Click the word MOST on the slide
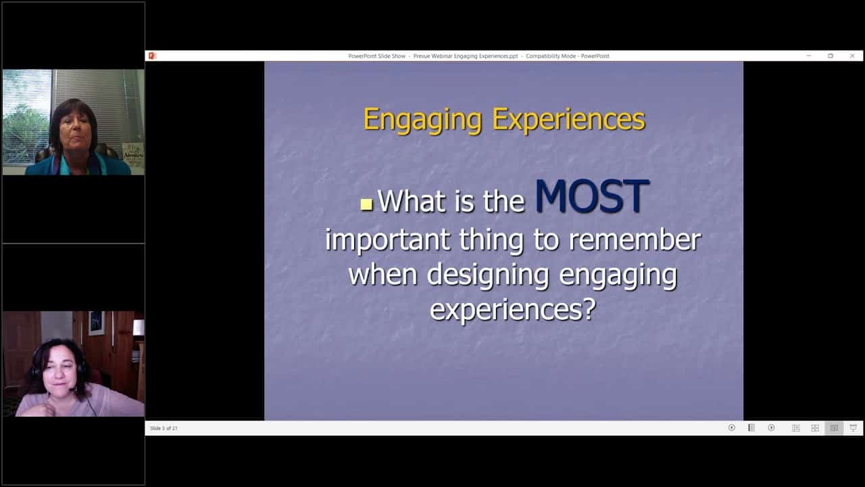pyautogui.click(x=591, y=198)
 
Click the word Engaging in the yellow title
pyautogui.click(x=422, y=120)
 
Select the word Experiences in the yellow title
pyautogui.click(x=568, y=120)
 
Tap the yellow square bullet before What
pyautogui.click(x=367, y=204)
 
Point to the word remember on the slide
pyautogui.click(x=633, y=239)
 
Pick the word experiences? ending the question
pyautogui.click(x=513, y=310)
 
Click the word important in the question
pyautogui.click(x=387, y=239)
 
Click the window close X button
pyautogui.click(x=852, y=56)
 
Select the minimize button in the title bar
pyautogui.click(x=809, y=56)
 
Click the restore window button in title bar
pyautogui.click(x=831, y=56)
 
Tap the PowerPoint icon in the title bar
pyautogui.click(x=152, y=56)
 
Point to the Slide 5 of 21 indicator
pyautogui.click(x=164, y=428)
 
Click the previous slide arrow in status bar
pyautogui.click(x=731, y=428)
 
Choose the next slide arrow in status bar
pyautogui.click(x=771, y=428)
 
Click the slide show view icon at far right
pyautogui.click(x=853, y=428)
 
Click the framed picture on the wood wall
pyautogui.click(x=96, y=323)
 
